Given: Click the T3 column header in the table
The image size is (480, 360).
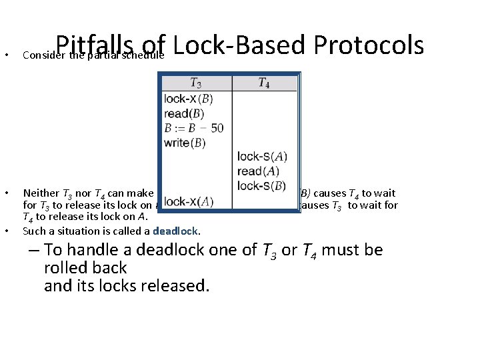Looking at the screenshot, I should point(195,83).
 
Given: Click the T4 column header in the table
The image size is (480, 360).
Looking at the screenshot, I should point(264,83).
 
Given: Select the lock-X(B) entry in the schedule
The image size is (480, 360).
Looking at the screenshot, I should point(189,98).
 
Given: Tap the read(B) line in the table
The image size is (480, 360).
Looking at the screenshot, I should point(185,113).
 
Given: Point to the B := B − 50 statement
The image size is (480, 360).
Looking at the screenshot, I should point(193,127).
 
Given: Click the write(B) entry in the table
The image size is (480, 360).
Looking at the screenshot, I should point(185,142).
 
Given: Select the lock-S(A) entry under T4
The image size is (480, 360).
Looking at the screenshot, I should point(262,157).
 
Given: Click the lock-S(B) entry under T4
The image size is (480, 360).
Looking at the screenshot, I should point(262,185).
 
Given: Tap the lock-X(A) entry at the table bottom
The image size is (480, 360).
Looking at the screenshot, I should point(189,201).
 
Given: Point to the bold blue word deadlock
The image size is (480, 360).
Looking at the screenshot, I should point(176,231).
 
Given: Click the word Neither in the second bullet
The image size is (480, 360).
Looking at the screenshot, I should point(41,193).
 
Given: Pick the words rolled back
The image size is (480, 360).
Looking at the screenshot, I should point(85,268).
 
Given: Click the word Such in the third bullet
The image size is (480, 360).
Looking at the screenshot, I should point(33,231).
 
